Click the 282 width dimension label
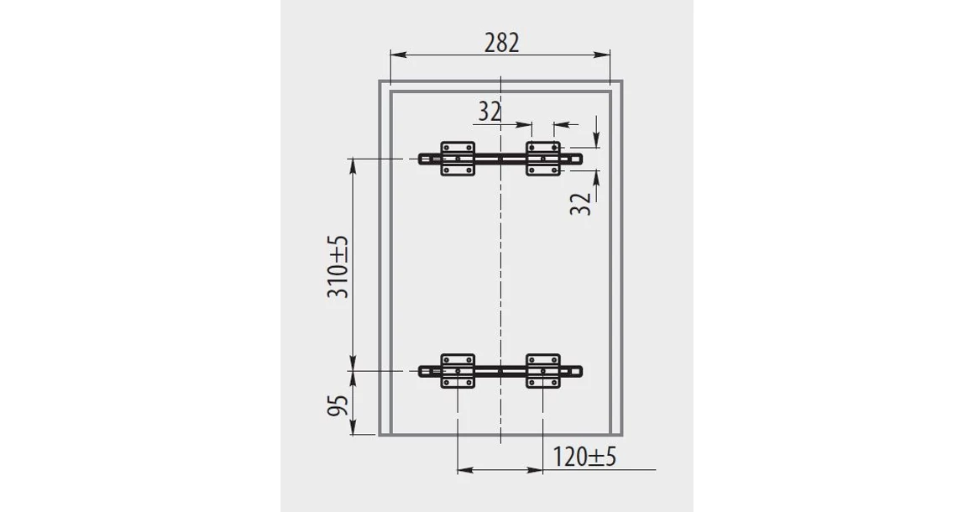(501, 43)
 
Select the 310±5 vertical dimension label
(338, 267)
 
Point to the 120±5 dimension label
(584, 457)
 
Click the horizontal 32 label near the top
(490, 112)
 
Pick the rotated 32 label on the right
(580, 204)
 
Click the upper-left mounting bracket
(458, 159)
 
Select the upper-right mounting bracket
(543, 159)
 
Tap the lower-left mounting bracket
(458, 371)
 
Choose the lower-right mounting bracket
(543, 371)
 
